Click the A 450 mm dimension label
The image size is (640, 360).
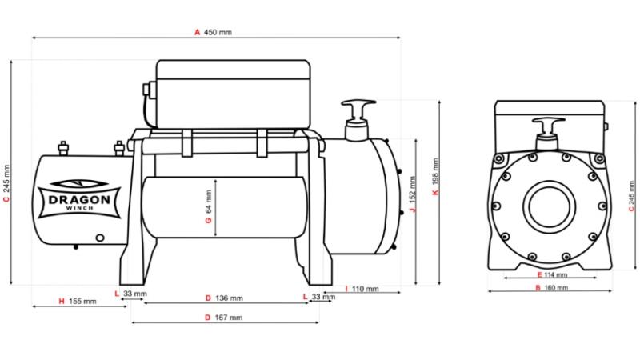(214, 33)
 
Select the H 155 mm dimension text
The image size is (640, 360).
(78, 302)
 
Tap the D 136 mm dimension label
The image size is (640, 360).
(223, 298)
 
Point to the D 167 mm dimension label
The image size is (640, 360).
(223, 318)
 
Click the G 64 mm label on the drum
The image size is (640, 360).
(209, 206)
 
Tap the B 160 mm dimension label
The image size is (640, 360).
(550, 286)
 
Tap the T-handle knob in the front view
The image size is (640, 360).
(549, 125)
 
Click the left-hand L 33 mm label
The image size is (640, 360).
(131, 294)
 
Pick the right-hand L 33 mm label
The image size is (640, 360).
(320, 297)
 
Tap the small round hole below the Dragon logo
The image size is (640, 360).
(99, 237)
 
